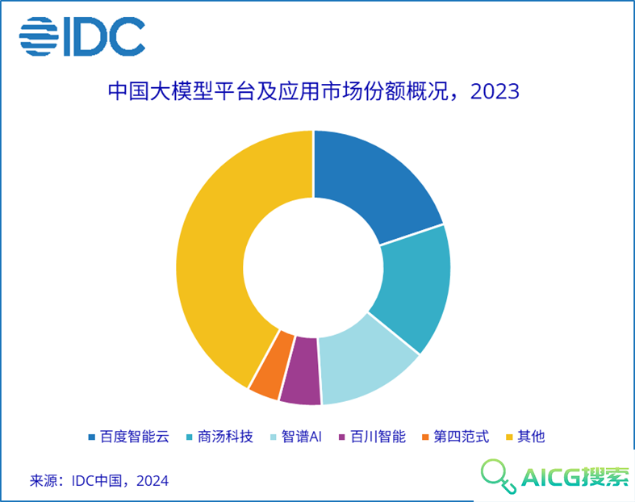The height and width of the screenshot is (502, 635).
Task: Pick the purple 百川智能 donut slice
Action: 300,370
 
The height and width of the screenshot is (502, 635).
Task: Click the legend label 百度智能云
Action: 135,437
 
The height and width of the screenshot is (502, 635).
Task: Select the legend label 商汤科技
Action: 226,437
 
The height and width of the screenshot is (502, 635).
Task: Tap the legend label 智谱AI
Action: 302,437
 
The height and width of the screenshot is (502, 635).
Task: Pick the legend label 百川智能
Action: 378,437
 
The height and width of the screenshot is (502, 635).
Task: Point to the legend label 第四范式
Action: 462,437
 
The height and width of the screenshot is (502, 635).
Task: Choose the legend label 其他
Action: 532,437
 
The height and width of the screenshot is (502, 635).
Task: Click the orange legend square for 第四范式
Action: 425,437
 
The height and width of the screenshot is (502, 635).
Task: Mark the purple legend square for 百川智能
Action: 342,437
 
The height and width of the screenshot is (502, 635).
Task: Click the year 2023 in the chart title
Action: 495,91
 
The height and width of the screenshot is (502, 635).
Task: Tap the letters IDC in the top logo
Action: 104,36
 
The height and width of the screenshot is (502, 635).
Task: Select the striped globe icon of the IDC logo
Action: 39,36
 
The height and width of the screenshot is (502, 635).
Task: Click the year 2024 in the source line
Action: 152,481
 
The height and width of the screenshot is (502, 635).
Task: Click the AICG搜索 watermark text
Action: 575,477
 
